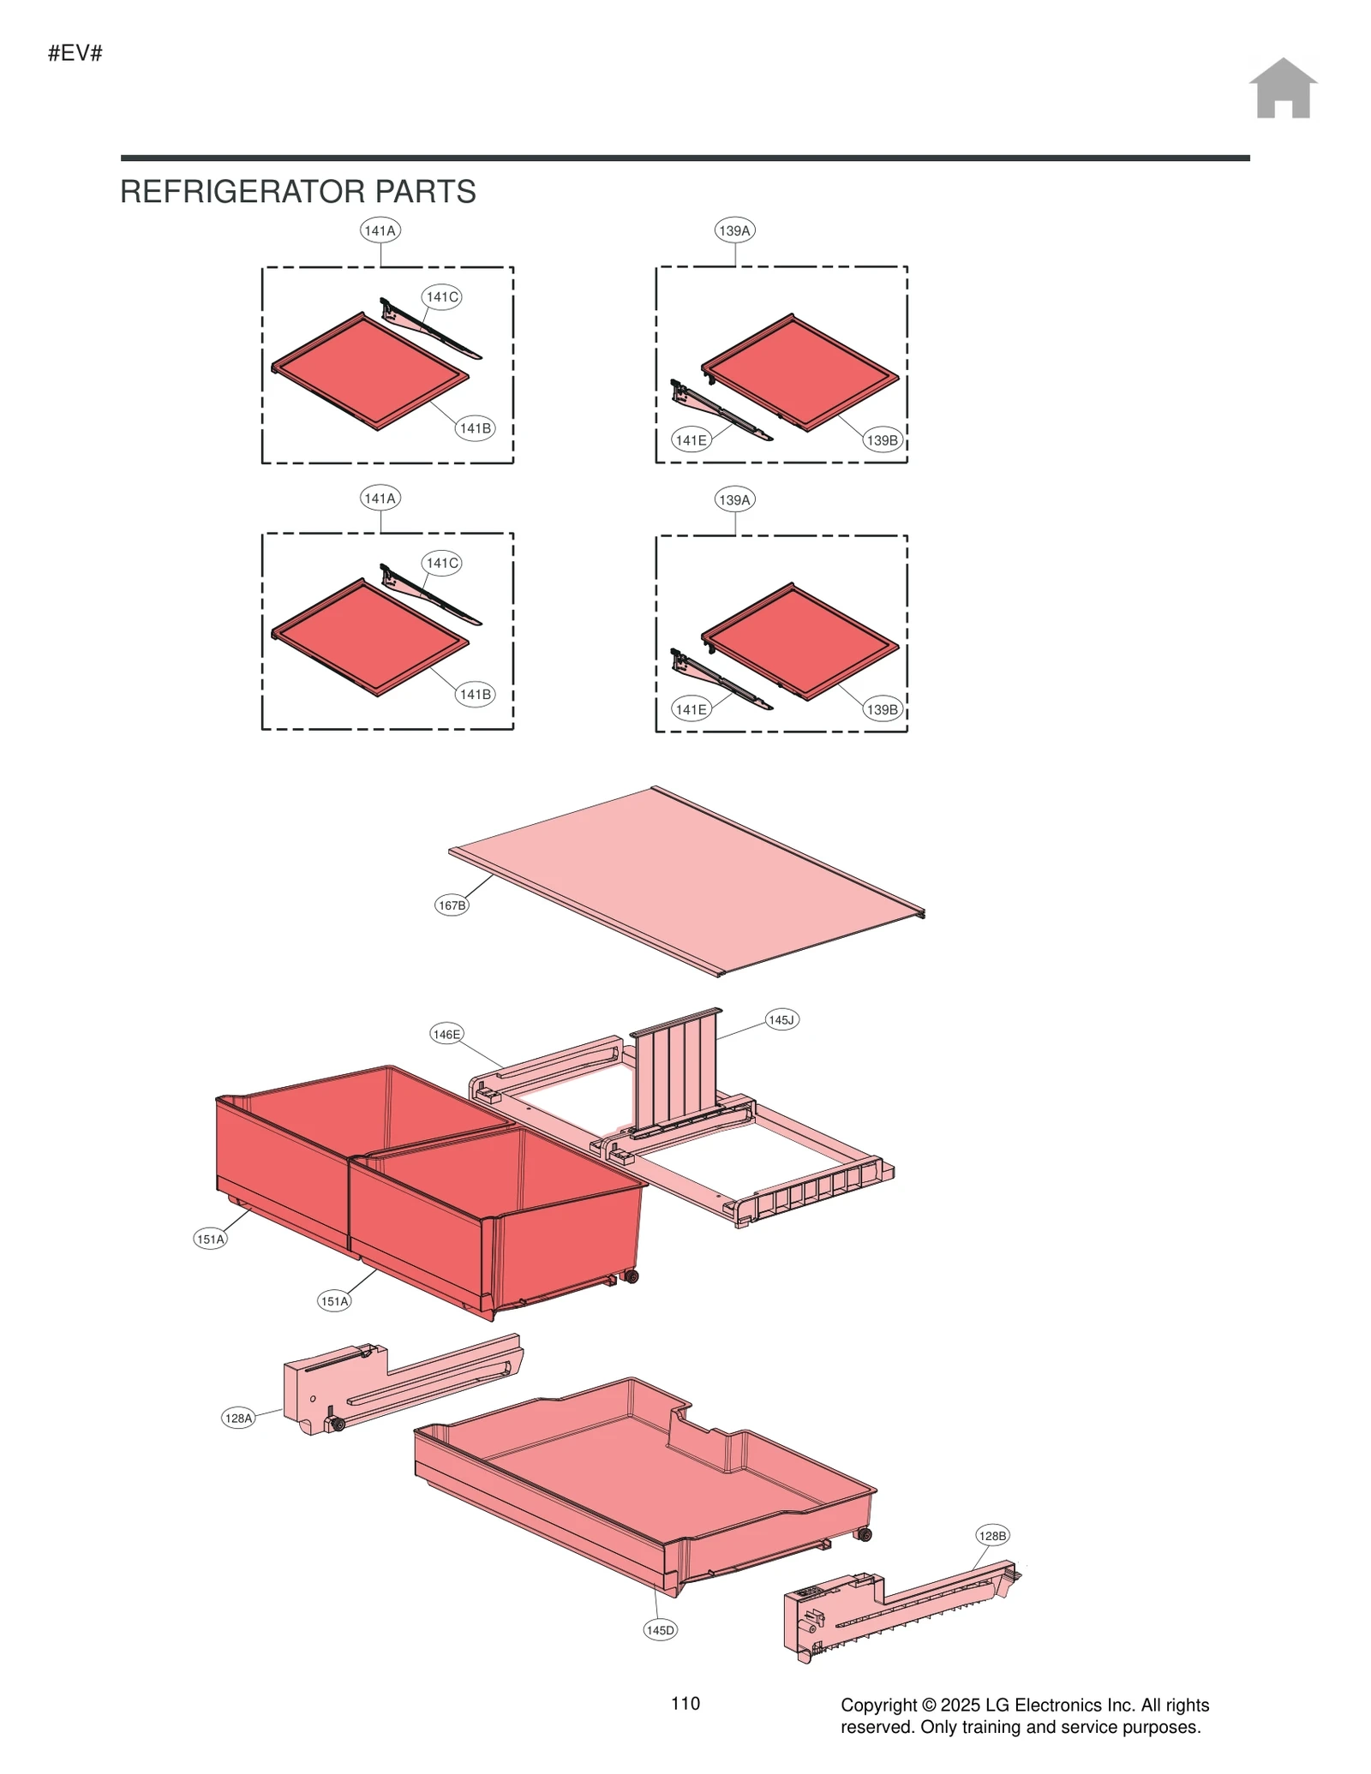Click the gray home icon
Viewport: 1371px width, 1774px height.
1282,88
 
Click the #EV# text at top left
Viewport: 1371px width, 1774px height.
75,53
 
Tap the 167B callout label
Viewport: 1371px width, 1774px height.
452,905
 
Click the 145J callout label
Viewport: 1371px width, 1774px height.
781,1019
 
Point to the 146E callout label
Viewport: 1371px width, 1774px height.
446,1034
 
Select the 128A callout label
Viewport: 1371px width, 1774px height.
238,1418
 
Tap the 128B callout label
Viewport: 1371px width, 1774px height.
992,1535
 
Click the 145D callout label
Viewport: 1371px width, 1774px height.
660,1629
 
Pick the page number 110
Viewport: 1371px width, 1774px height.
685,1703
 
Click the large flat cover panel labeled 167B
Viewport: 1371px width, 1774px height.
685,882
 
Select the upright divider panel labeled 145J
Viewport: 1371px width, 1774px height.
677,1071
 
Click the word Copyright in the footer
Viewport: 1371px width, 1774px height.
879,1705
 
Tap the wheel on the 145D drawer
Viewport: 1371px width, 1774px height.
865,1534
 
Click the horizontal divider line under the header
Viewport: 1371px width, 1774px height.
685,158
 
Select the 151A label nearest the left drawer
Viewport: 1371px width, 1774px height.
211,1239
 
